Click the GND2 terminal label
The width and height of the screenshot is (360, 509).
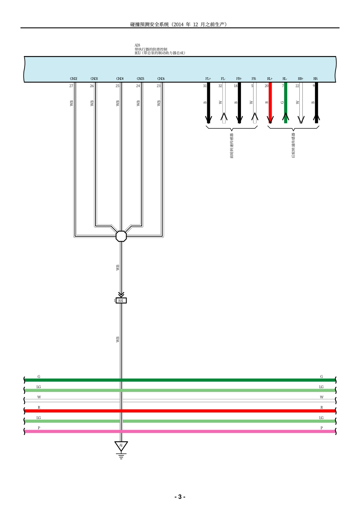74,79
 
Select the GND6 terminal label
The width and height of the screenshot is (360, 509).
161,79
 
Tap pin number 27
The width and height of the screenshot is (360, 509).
71,86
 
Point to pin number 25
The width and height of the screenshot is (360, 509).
117,86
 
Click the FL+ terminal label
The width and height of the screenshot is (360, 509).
208,79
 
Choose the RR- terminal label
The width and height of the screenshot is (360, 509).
316,79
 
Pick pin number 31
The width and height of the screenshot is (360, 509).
205,86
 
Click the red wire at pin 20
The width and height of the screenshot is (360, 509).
270,102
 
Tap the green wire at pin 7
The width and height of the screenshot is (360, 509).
286,102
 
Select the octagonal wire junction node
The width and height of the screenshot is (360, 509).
121,236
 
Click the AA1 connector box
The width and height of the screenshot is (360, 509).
121,301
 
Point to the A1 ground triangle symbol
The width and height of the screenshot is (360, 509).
121,446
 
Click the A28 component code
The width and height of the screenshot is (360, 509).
137,45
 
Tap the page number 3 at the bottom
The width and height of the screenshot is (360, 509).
180,497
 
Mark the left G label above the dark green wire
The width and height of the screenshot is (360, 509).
39,377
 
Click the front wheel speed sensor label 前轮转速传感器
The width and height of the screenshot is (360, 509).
232,146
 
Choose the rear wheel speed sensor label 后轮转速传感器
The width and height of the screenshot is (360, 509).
293,145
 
